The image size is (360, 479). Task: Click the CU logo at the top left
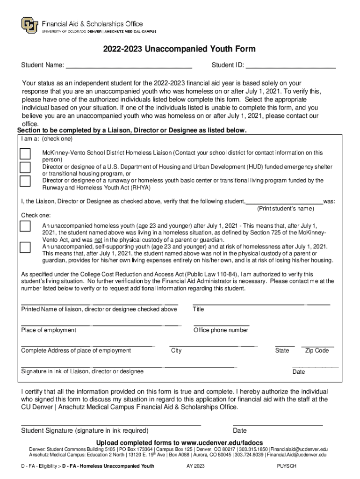point(30,25)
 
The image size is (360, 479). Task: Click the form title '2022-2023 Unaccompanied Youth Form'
point(180,50)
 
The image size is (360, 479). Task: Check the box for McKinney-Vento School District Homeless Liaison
point(25,154)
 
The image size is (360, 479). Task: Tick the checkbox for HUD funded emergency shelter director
point(25,167)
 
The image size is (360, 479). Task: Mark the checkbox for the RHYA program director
point(25,181)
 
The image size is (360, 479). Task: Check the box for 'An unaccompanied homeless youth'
point(25,226)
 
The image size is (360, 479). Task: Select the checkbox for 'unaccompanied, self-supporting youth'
point(25,247)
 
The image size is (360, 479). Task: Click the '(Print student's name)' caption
point(286,208)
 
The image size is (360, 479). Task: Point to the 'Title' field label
point(198,309)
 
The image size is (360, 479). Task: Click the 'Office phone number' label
point(221,330)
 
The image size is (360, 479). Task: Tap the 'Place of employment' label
point(49,330)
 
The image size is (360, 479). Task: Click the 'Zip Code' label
point(317,351)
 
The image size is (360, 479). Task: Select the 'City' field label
point(176,351)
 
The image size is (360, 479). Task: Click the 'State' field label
point(282,351)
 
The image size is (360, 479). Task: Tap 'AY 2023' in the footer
point(195,466)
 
